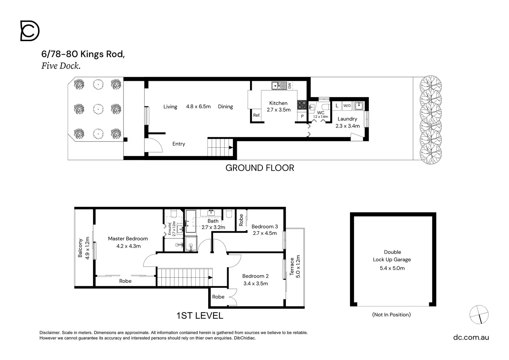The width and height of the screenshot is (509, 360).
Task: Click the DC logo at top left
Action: (x=30, y=31)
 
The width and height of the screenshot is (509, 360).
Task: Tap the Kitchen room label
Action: (x=278, y=103)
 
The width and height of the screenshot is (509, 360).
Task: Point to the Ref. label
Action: (x=257, y=115)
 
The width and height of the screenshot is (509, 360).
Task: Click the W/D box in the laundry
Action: (x=347, y=106)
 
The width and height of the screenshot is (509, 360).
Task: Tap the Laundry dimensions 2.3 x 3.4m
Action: (x=348, y=126)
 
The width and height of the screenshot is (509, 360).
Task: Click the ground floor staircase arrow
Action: (x=231, y=148)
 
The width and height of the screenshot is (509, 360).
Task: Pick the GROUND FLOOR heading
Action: (x=260, y=168)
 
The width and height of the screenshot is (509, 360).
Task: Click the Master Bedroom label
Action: (x=128, y=239)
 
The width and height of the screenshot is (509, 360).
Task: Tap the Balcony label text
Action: (x=80, y=248)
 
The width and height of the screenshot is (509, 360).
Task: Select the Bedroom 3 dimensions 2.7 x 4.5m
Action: (x=265, y=233)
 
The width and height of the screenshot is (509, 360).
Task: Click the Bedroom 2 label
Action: (x=256, y=276)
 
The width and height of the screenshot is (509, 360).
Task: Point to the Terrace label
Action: (x=292, y=267)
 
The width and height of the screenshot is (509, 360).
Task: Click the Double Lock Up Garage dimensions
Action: (x=392, y=268)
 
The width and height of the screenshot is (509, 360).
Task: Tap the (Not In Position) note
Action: (x=391, y=315)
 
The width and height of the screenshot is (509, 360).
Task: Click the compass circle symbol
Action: (x=479, y=315)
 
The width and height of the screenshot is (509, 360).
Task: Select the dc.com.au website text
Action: (x=471, y=337)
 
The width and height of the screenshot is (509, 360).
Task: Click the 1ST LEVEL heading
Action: (x=200, y=316)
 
